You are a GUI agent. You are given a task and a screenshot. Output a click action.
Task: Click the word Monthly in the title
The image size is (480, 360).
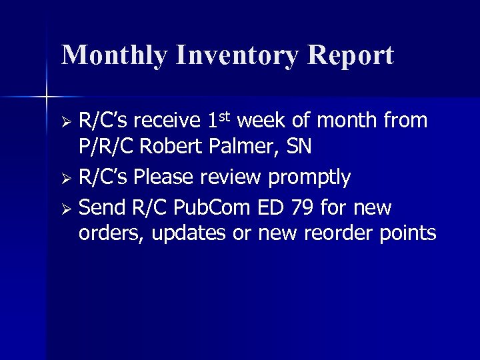coord(114,55)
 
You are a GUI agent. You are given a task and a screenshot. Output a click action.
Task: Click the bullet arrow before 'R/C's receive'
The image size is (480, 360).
coord(66,123)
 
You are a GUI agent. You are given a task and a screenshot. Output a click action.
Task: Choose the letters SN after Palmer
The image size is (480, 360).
coord(299,147)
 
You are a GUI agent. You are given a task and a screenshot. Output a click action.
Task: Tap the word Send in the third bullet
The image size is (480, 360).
coord(99,209)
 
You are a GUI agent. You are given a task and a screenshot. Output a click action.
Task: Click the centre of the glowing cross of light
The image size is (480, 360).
coord(47,97)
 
